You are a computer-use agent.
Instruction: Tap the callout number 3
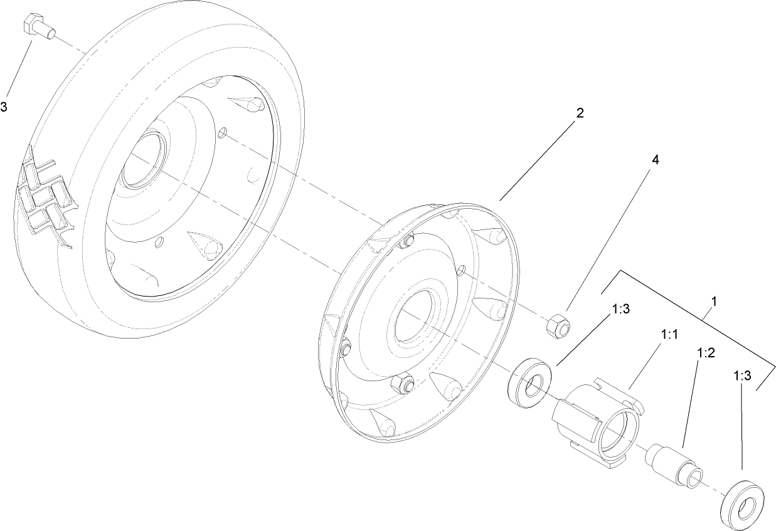point(4,107)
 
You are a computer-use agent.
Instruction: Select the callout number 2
point(580,113)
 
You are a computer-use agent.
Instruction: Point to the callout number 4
point(655,160)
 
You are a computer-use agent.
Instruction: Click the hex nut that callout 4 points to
point(557,325)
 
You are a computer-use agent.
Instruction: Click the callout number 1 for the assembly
point(714,302)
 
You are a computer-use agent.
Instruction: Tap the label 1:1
point(670,335)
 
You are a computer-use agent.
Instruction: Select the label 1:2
point(706,353)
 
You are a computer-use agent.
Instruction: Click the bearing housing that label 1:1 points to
point(596,426)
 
